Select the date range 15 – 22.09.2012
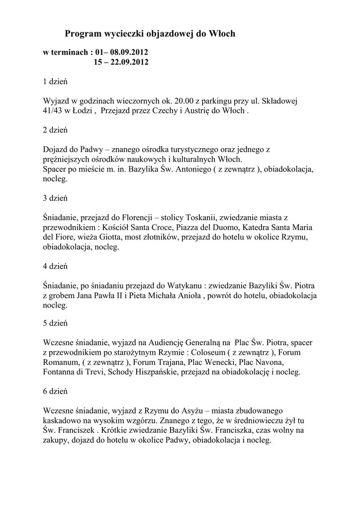121,62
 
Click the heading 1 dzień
55,82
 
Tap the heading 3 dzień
55,198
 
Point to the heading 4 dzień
55,266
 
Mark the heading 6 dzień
55,391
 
